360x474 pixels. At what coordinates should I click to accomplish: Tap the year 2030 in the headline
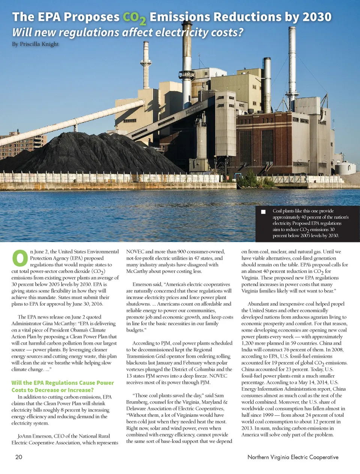317,17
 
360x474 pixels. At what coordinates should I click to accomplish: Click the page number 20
19,457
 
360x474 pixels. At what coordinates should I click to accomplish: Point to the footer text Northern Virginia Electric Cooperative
293,457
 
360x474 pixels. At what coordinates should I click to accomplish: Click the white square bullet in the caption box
263,212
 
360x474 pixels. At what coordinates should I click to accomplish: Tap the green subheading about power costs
62,386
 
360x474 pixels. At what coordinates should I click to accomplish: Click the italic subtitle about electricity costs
127,33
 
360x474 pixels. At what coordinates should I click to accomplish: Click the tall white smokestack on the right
292,67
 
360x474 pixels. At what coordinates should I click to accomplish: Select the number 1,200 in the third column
248,343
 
